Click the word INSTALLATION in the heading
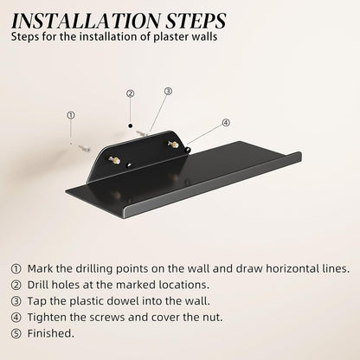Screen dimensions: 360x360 (87, 21)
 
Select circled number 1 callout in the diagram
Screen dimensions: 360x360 (71, 115)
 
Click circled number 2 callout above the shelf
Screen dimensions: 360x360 (131, 93)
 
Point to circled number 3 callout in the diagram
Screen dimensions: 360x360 (168, 92)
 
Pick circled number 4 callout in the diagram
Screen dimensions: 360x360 (226, 123)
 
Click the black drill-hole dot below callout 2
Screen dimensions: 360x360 (131, 125)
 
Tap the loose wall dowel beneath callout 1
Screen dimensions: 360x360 (84, 149)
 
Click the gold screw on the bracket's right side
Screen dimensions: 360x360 (173, 145)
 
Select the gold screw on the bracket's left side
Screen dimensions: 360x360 (114, 160)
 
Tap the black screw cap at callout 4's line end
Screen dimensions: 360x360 (188, 149)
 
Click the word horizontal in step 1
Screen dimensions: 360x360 (292, 269)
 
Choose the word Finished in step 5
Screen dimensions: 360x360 (51, 333)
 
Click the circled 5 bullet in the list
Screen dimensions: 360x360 (16, 334)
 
